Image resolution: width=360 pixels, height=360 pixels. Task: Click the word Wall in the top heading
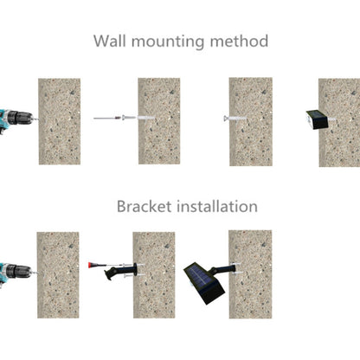(110, 41)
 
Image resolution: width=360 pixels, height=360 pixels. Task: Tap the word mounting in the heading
(168, 42)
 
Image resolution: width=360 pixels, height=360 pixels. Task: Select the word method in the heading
(239, 41)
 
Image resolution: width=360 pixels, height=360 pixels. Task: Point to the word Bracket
(144, 206)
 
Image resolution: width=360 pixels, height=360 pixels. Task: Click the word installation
(217, 206)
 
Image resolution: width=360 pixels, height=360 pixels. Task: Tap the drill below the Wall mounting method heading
(16, 119)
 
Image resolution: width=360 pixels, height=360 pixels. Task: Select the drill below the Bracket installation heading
(16, 272)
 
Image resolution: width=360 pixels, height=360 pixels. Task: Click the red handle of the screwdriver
(92, 265)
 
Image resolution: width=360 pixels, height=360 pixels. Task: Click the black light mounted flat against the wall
(318, 119)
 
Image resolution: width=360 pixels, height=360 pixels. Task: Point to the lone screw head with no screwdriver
(226, 118)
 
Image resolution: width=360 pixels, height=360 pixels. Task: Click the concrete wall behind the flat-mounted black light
(339, 122)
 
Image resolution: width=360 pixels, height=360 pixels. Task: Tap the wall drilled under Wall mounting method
(60, 121)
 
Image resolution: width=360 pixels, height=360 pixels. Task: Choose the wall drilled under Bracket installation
(58, 275)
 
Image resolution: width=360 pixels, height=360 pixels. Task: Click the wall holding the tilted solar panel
(250, 274)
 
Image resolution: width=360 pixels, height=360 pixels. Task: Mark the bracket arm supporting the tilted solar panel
(223, 270)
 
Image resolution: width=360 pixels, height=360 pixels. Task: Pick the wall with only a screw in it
(251, 122)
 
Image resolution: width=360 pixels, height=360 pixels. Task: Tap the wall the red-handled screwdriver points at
(154, 275)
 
